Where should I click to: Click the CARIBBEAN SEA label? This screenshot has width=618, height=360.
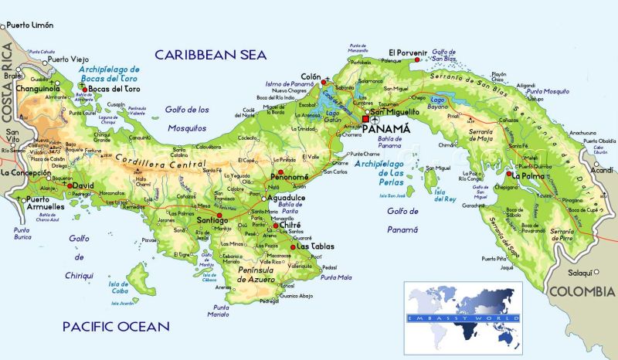pos(210,54)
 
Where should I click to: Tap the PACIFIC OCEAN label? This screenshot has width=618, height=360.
pos(116,326)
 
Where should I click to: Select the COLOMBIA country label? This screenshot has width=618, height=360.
pos(582,291)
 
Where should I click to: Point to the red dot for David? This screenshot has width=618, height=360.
pos(70,185)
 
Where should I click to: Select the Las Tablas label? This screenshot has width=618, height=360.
pos(315,247)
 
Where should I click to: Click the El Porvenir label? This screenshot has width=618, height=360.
pos(406,53)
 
